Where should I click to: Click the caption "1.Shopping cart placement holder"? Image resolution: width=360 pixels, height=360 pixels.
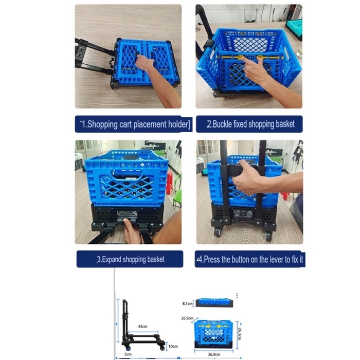[135, 124]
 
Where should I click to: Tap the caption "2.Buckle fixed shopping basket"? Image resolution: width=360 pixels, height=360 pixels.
[250, 124]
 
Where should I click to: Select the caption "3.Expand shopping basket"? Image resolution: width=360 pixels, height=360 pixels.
[131, 259]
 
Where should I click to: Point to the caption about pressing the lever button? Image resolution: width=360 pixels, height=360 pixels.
[250, 259]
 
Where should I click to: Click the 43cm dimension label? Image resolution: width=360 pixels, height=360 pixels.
[142, 326]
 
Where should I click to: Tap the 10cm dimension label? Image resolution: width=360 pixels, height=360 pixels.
[173, 346]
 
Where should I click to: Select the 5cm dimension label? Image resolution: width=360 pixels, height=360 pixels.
[128, 354]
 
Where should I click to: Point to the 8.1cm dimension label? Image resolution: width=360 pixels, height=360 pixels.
[188, 303]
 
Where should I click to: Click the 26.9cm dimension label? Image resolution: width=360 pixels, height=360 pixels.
[187, 318]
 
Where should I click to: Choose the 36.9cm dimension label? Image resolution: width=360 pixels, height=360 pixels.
[214, 354]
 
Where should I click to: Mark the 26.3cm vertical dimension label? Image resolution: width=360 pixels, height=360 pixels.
[240, 334]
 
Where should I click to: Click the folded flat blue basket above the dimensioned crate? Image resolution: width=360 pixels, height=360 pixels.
[214, 302]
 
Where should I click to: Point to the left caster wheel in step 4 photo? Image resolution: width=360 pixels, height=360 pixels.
[218, 232]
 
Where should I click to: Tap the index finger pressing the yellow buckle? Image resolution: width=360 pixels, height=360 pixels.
[247, 64]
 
